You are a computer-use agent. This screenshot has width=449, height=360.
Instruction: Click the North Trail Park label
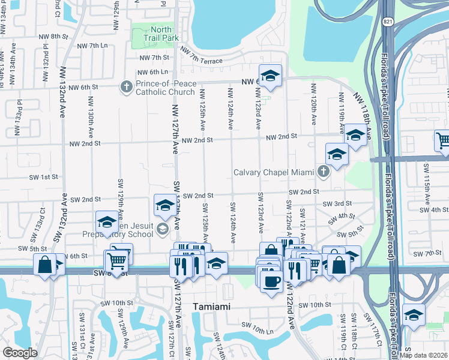point(157,34)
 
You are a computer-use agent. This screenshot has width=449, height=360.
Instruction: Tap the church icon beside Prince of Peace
point(126,88)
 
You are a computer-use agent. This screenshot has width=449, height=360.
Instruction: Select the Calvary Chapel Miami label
point(274,173)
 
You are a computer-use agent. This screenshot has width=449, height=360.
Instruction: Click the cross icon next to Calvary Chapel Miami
point(324,173)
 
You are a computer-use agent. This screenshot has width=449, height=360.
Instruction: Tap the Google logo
point(20,353)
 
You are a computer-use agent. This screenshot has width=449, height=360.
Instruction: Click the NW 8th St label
point(64,37)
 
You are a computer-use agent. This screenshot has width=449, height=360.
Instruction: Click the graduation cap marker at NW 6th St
point(270,75)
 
